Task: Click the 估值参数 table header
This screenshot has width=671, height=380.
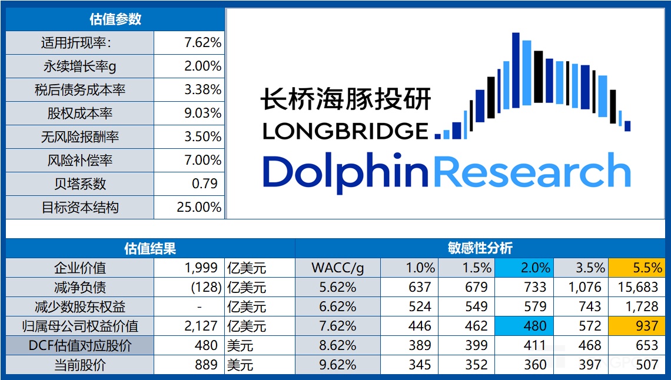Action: pos(115,19)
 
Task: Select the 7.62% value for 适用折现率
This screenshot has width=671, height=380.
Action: pos(202,43)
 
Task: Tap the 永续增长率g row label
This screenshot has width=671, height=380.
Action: pos(80,66)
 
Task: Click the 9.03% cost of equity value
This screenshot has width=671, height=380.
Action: pos(202,114)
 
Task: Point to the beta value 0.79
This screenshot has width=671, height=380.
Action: pos(205,184)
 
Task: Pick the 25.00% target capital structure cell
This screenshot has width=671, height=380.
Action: pos(199,207)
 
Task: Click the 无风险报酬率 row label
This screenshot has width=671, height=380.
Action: pos(80,137)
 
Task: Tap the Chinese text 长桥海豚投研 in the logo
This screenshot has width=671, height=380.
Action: pos(346,99)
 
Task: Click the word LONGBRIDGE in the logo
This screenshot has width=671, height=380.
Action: pos(346,131)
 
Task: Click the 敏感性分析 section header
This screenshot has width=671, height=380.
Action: pos(480,248)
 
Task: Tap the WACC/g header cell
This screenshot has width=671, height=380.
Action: pos(337,268)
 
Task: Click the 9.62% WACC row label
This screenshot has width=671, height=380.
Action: pos(337,365)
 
